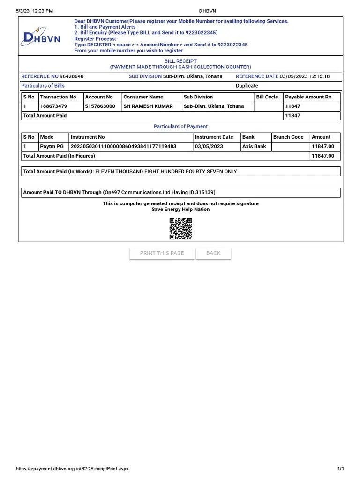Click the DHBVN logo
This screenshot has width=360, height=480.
(40, 37)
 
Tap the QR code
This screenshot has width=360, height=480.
(180, 229)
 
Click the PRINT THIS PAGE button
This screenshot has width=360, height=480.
(162, 253)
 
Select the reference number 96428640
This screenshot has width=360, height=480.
(72, 76)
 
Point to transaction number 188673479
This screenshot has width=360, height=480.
(54, 106)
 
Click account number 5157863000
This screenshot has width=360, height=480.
(100, 106)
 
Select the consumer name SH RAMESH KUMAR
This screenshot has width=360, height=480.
(148, 106)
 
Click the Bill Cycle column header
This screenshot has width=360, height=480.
(267, 97)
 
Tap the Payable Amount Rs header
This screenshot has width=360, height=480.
(308, 97)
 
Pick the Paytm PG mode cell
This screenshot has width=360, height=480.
(52, 147)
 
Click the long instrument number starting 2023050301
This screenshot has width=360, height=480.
(123, 147)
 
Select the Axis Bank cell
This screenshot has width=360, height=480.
(254, 147)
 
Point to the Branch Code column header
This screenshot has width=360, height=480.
(288, 137)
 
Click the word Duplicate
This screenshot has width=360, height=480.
(247, 86)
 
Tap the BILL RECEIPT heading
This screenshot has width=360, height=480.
(180, 61)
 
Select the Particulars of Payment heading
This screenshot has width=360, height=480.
(180, 127)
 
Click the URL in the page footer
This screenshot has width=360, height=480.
(72, 469)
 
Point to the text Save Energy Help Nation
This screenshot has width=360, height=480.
(180, 210)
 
